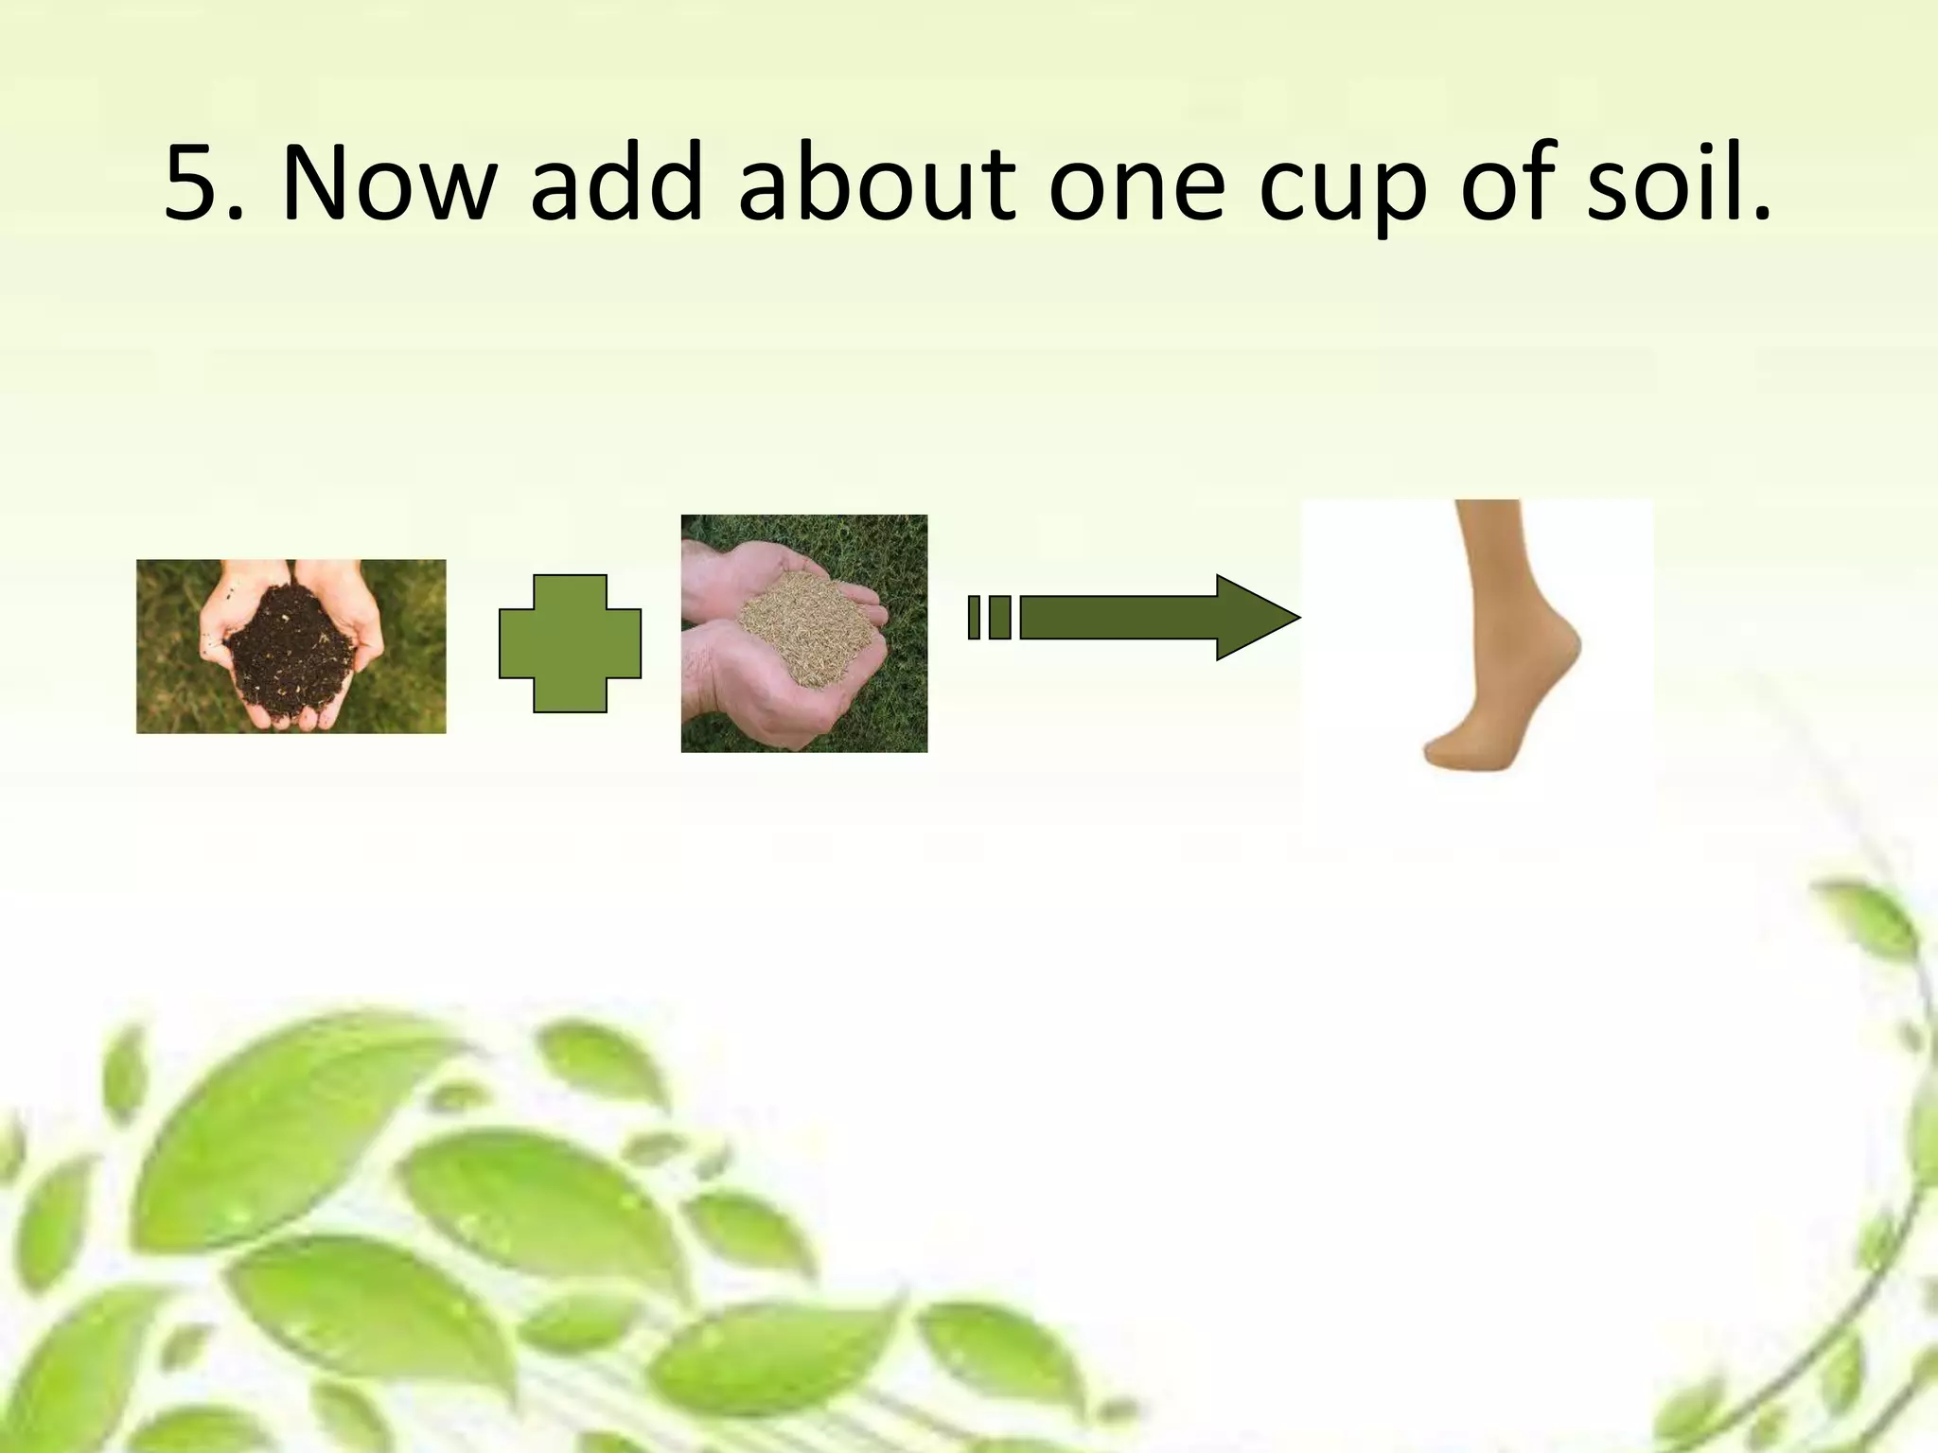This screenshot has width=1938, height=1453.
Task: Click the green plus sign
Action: pyautogui.click(x=570, y=643)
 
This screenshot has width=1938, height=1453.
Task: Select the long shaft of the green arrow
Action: pyautogui.click(x=1117, y=618)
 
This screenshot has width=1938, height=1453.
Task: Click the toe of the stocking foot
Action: pyautogui.click(x=1443, y=754)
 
